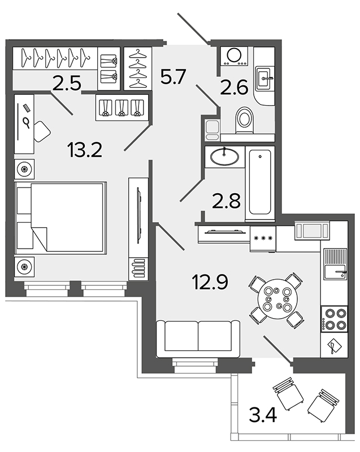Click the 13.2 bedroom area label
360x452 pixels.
tap(85, 150)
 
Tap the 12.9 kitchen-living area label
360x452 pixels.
tap(210, 281)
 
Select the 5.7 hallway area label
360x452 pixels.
tap(172, 77)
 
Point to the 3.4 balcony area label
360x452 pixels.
tap(263, 416)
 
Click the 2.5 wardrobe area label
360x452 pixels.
tap(67, 83)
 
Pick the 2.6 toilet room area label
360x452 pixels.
tap(234, 88)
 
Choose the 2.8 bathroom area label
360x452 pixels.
tap(226, 201)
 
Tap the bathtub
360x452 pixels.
tap(260, 184)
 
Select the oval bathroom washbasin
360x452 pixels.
tap(225, 157)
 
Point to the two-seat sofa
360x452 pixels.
tap(198, 338)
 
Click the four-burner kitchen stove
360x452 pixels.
tap(334, 319)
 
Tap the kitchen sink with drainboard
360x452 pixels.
tap(335, 264)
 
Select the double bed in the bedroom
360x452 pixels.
tap(60, 218)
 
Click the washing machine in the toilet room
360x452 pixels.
tap(234, 56)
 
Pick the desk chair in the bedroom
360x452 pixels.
tap(42, 131)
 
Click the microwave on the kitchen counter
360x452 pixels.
tap(312, 231)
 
